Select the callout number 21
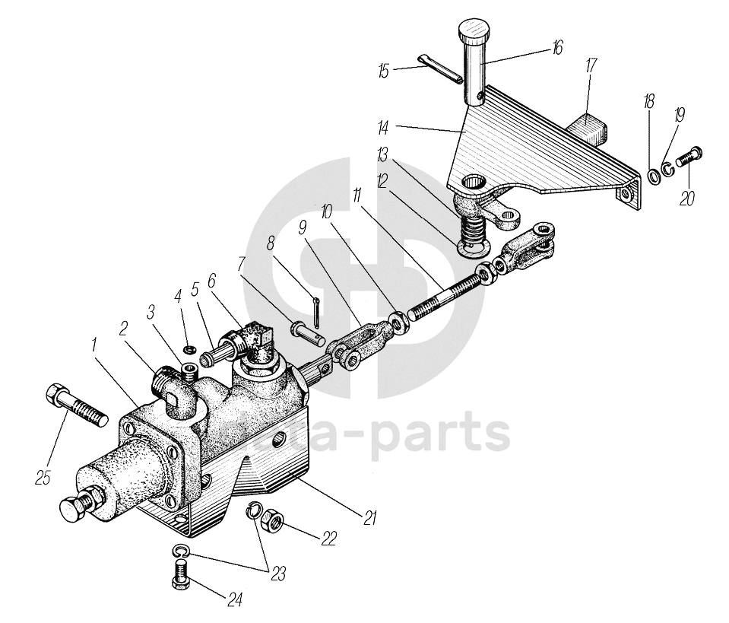click(x=370, y=520)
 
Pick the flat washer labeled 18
click(x=652, y=178)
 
